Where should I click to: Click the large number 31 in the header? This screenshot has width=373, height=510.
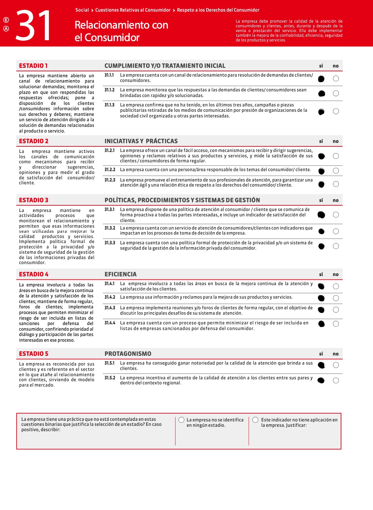(34, 26)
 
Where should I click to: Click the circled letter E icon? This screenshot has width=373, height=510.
(6, 20)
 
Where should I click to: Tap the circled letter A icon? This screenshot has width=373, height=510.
(6, 29)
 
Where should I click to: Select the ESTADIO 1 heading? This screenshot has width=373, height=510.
(33, 66)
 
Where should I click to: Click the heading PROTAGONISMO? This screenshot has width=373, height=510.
(128, 354)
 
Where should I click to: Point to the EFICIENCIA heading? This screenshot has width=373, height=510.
(120, 274)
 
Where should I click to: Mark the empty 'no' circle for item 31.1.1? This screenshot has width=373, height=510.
(336, 79)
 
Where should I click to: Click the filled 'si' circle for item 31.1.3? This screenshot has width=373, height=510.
(321, 111)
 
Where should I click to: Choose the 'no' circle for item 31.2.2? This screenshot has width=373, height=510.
(336, 171)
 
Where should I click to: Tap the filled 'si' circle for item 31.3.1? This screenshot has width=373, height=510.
(321, 215)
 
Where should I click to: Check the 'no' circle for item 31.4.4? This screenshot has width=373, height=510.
(336, 324)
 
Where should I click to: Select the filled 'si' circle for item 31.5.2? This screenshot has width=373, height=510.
(321, 380)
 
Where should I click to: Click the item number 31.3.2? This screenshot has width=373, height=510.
(110, 228)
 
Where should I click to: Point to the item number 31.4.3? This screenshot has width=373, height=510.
(110, 308)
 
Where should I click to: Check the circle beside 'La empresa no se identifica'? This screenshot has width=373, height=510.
(181, 420)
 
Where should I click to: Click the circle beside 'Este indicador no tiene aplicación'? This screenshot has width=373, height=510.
(255, 420)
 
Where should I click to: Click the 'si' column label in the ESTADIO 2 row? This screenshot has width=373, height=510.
(321, 141)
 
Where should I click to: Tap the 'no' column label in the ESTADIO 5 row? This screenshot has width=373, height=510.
(336, 354)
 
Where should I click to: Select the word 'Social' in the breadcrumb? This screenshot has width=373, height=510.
(82, 10)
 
